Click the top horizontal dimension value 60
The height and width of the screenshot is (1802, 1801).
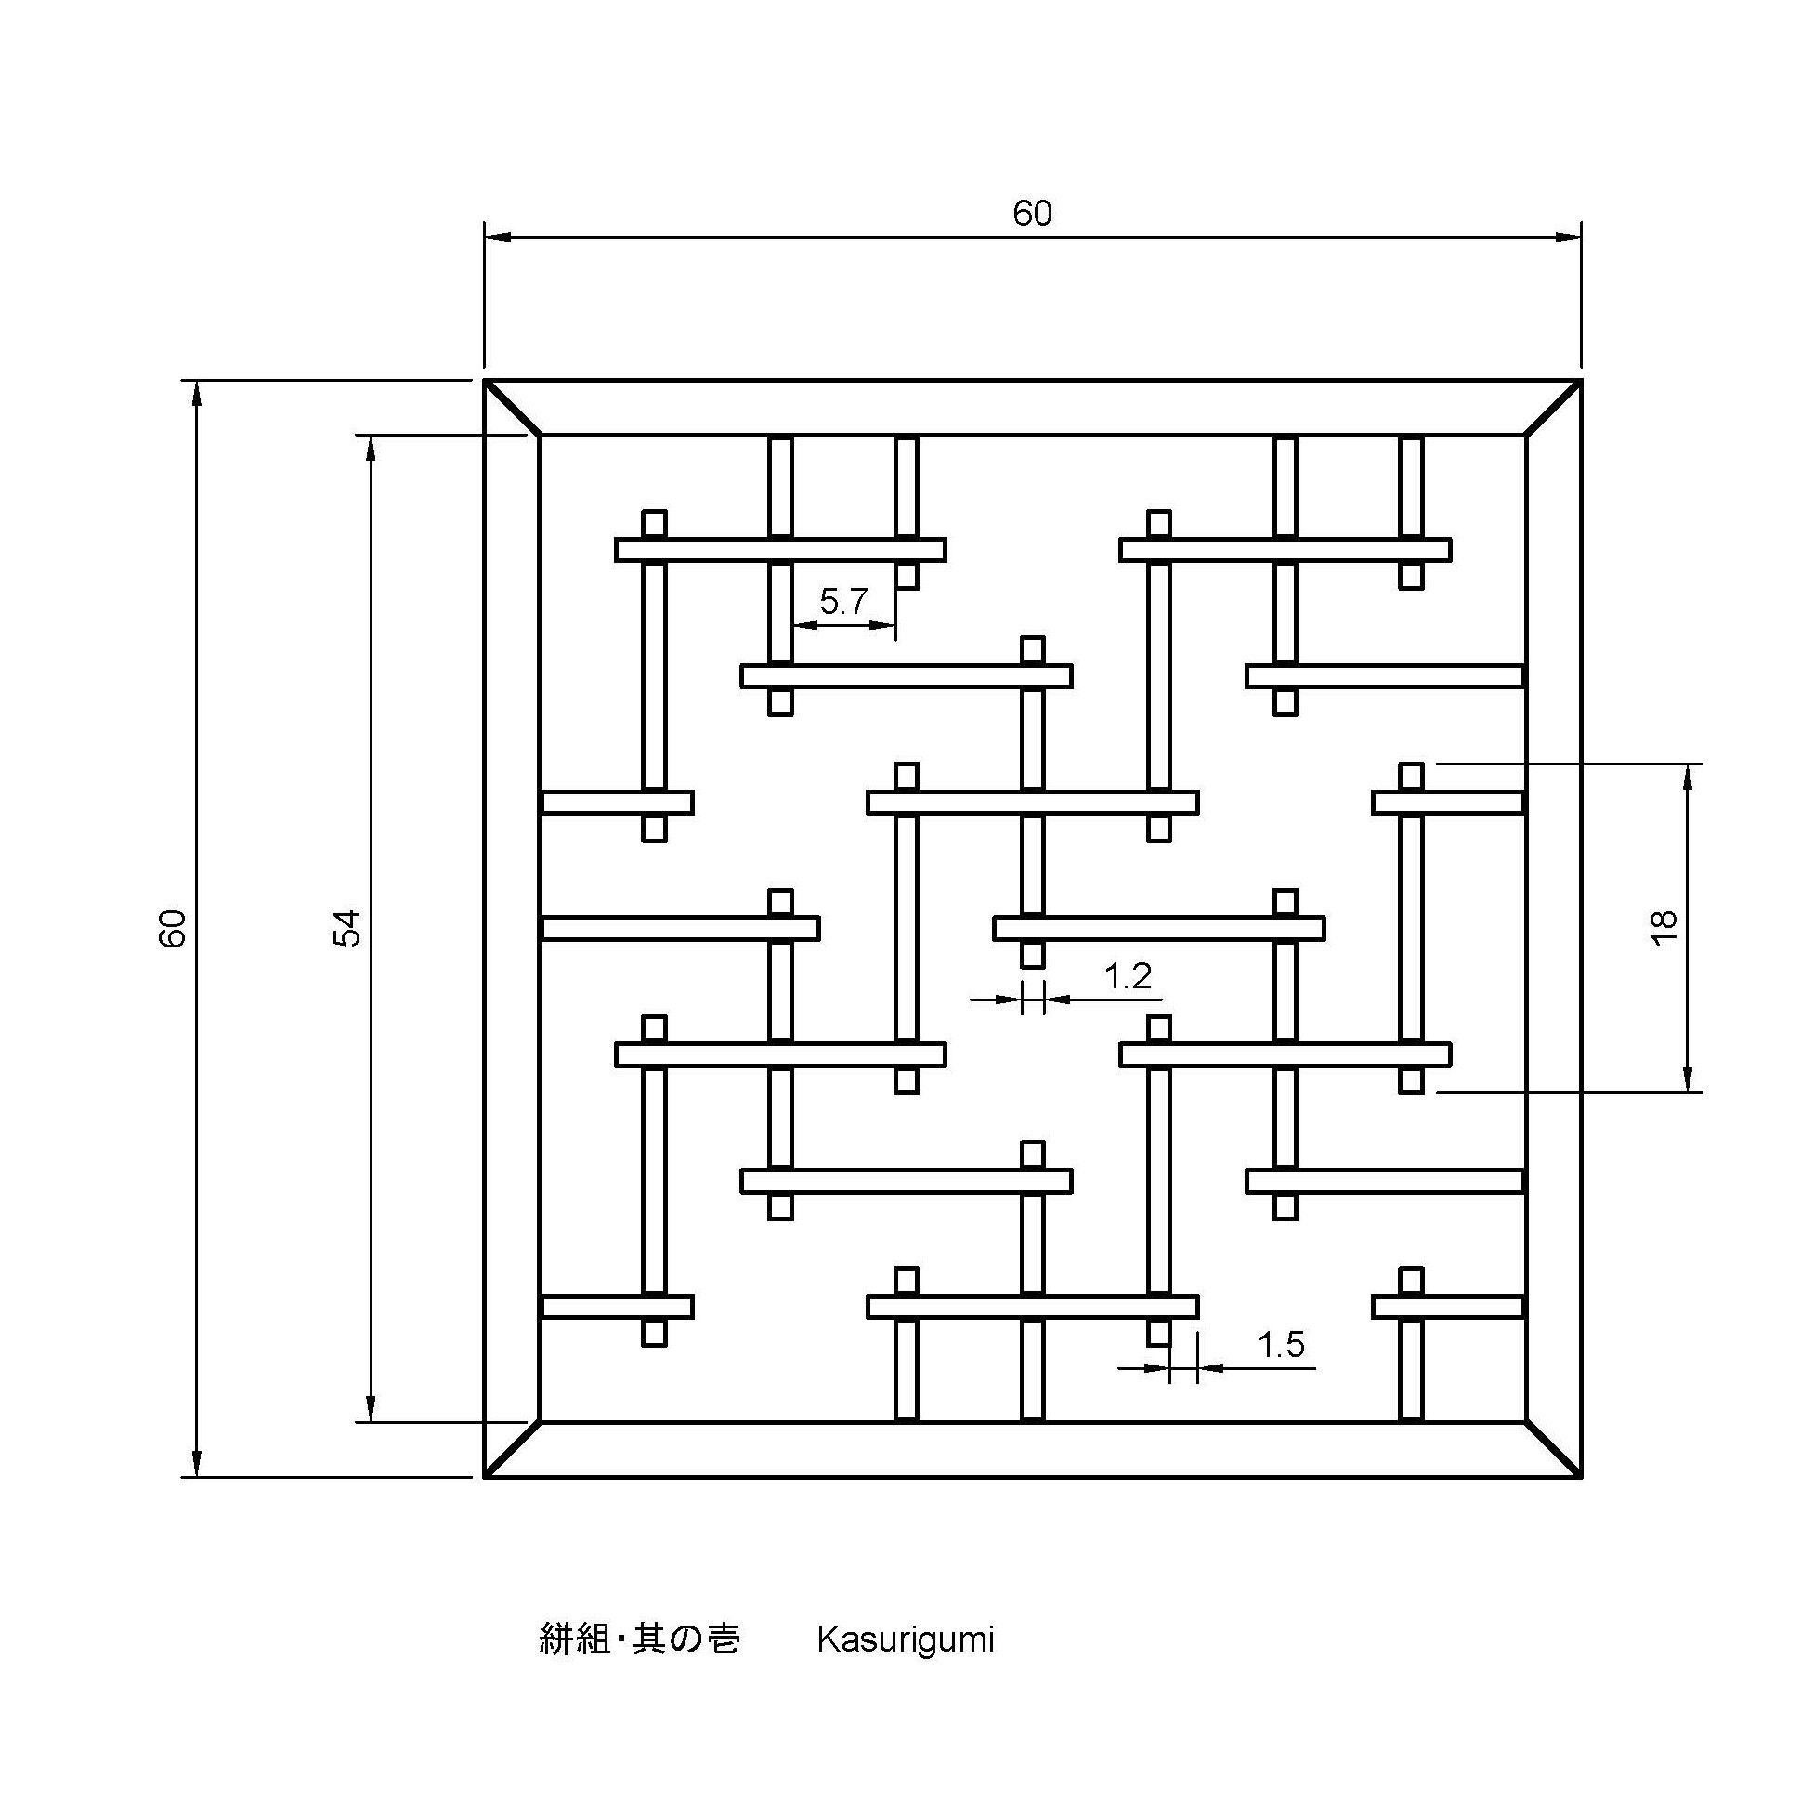coord(1032,214)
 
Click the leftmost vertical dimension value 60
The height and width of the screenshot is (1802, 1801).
coord(174,928)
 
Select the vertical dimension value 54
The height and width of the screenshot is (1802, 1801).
coord(347,928)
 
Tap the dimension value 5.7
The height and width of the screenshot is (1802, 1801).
coord(843,602)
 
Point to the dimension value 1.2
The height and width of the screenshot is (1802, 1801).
coord(1128,975)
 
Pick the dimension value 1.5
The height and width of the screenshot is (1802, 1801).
coord(1281,1344)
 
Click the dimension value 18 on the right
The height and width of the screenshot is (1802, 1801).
coord(1664,928)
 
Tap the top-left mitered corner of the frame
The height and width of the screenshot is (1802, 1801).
coord(512,408)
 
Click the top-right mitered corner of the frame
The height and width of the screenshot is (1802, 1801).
coord(1554,408)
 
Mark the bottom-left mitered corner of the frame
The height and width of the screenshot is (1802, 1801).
coord(512,1449)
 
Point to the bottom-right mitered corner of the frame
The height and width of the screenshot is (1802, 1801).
coord(1554,1449)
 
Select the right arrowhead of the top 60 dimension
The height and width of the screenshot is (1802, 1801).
coord(1570,238)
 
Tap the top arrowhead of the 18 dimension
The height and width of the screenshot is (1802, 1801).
coord(1687,775)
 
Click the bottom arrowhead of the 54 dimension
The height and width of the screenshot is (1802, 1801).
coord(371,1409)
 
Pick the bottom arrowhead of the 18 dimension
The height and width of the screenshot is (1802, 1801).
coord(1687,1080)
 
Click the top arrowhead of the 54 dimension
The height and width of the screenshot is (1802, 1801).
coord(371,448)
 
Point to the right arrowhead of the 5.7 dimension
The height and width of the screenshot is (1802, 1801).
coord(885,625)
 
